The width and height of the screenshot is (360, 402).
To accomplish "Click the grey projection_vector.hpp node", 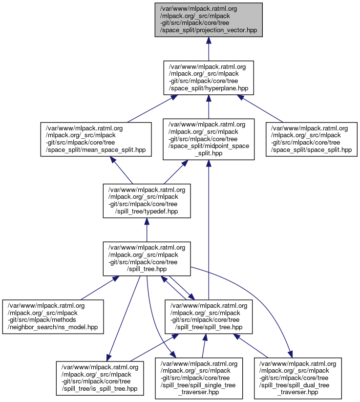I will coord(208,20).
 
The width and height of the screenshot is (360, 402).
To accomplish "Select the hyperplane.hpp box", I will coord(208,78).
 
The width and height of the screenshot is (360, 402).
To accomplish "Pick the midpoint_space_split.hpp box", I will coord(209,139).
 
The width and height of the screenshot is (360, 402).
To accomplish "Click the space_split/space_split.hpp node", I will coord(312,139).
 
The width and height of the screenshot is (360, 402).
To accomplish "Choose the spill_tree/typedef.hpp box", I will coord(147,200).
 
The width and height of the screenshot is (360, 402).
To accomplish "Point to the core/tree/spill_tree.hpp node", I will coord(147,258).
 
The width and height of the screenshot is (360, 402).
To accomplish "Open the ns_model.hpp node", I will coord(53,317).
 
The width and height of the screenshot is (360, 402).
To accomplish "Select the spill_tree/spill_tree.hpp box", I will coord(208,317).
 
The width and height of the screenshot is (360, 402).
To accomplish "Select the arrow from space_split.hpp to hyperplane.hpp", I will coord(261,108).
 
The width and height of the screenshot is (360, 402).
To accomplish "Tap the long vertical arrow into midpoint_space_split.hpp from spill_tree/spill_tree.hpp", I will coord(209,230).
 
